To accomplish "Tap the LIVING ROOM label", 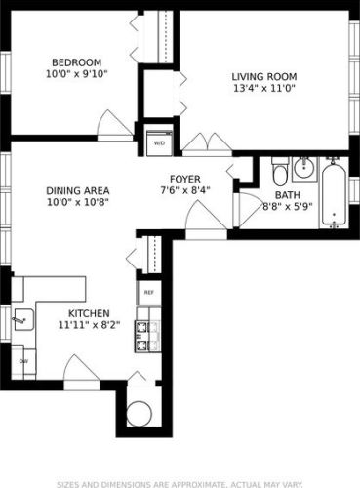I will click(x=264, y=77).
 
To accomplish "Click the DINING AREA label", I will click(x=77, y=190).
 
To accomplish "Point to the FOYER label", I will click(x=185, y=179).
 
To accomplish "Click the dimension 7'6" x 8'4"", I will click(x=185, y=191).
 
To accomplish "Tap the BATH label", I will click(x=287, y=195).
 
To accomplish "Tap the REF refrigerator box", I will click(x=148, y=292).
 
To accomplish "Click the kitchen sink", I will click(x=20, y=318).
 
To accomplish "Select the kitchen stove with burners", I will click(x=145, y=336).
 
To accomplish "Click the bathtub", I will click(x=334, y=192).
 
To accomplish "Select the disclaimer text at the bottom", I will click(x=180, y=481).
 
